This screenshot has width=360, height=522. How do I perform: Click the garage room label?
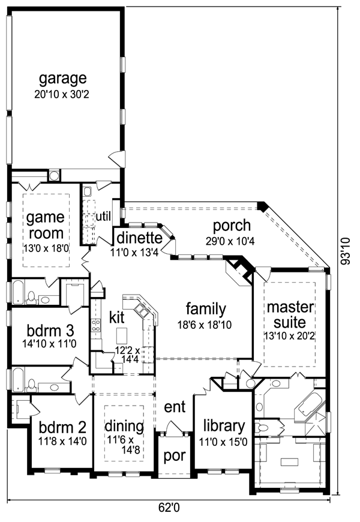coord(63,79)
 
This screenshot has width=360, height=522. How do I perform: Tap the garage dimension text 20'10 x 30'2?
coord(63,94)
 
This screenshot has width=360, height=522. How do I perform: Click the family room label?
coord(206,309)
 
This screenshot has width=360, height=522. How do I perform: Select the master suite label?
coord(290,316)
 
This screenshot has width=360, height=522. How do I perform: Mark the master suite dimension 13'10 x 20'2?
coord(290,337)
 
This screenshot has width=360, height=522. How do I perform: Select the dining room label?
coord(124,427)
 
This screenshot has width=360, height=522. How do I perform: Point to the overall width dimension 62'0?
coord(170,508)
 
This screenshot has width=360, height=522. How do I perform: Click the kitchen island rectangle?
coord(122,334)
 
